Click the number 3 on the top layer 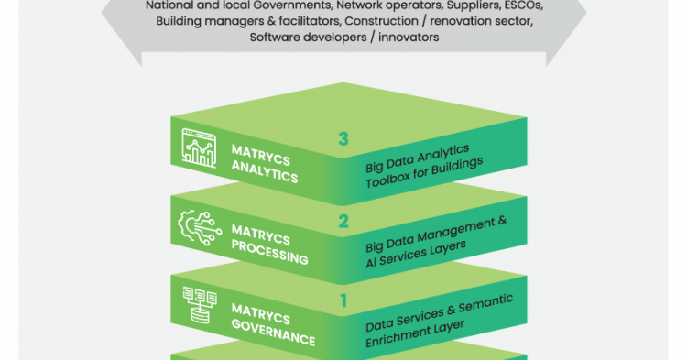coord(343,139)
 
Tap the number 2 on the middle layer coord(343,222)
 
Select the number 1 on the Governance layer coord(343,300)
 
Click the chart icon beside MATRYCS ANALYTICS coord(199,148)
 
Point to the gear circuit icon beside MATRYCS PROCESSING coord(200,228)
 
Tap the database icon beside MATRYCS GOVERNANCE coord(200,305)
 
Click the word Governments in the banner coord(292,6)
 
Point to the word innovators coord(409,38)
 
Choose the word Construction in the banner coord(381,21)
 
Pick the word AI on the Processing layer coord(371,262)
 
